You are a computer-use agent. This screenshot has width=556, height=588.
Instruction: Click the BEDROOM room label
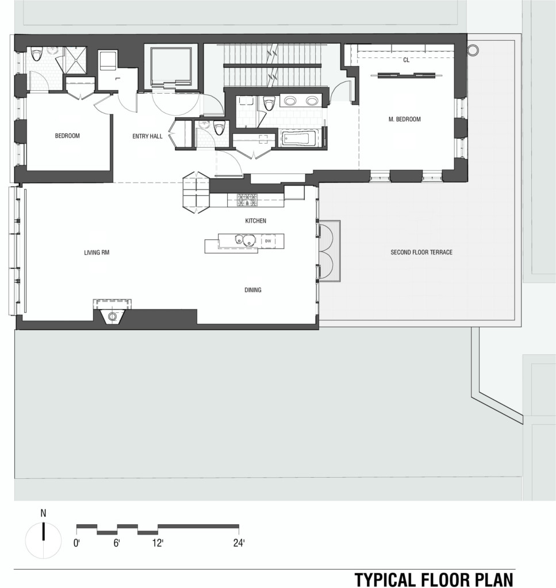(67, 136)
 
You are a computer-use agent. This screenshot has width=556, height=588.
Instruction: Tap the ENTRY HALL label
(147, 136)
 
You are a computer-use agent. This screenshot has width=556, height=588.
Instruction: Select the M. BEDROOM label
(404, 119)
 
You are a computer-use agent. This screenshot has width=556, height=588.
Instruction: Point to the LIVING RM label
(97, 253)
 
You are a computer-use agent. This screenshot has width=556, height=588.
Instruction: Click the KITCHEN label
(256, 221)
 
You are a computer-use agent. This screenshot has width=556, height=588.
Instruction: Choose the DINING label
(252, 290)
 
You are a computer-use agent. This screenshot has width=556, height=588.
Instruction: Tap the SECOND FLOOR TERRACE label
(421, 252)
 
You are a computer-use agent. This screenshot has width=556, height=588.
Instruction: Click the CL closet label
(406, 60)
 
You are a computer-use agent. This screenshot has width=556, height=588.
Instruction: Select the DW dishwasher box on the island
(268, 241)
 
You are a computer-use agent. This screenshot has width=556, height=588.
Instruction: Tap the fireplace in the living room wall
(112, 312)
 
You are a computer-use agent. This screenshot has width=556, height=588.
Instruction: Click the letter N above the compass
(44, 513)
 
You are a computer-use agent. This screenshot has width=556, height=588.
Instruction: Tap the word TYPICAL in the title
(380, 579)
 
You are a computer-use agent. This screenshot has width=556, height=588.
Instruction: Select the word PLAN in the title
(493, 579)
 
